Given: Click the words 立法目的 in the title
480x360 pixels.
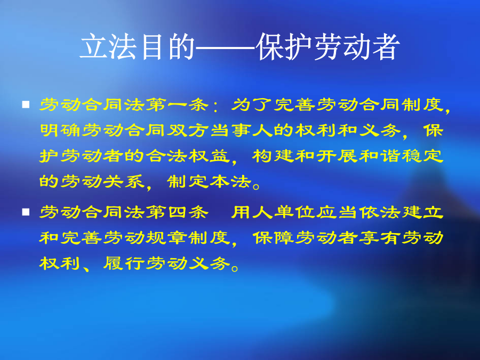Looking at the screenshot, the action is tap(137, 47).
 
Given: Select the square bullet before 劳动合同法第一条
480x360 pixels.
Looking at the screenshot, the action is tap(26, 105).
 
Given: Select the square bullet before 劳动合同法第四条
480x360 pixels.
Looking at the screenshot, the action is tap(26, 212).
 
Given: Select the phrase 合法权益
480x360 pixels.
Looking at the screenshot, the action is tap(188, 156).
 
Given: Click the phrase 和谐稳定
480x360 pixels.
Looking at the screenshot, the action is tap(401, 156).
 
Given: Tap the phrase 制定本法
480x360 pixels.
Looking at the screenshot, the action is tap(209, 182).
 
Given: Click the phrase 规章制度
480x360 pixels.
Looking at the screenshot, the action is tap(188, 237).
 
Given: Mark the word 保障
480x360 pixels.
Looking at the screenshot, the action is tap(273, 237).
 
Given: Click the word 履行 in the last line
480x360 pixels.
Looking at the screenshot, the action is tap(124, 263).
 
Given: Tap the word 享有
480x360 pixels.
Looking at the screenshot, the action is tap(380, 237).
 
